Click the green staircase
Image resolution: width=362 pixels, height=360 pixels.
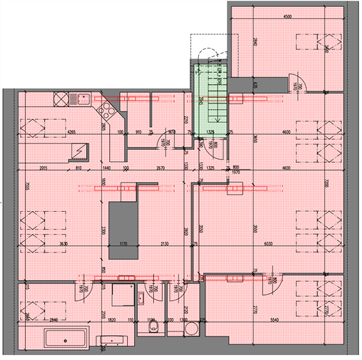coord(210,100)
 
